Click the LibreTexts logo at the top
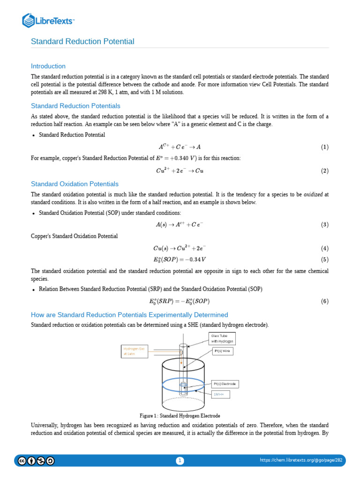pos(48,20)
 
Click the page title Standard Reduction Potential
pos(82,42)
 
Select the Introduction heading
pos(48,66)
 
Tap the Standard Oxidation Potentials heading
pos(75,184)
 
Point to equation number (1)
pos(324,147)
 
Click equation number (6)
pos(324,301)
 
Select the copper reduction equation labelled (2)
pos(180,171)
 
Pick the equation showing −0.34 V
pos(180,259)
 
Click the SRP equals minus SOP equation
pos(180,301)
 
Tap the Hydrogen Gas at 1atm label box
pos(135,352)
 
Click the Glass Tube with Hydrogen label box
pos(222,338)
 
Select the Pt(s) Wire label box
pos(223,351)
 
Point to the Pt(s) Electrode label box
pos(225,384)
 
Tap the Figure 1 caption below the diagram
pos(180,416)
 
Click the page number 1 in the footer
pos(180,461)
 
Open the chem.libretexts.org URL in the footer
pos(301,460)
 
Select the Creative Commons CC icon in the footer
pos(22,461)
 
